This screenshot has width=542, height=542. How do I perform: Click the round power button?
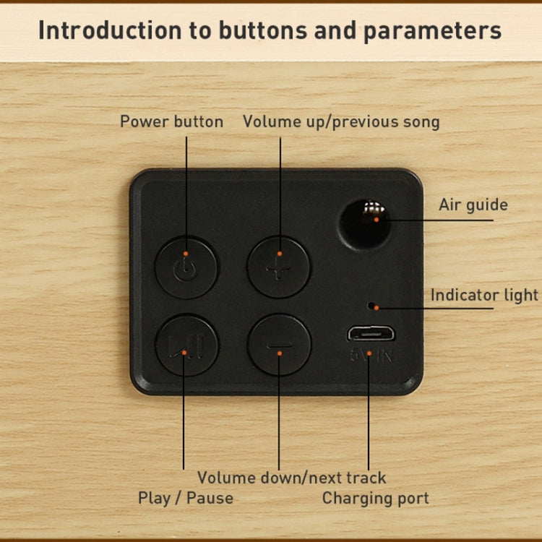[186, 268]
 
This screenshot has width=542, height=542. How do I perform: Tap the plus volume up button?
[279, 267]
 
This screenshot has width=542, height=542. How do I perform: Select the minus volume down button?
[279, 345]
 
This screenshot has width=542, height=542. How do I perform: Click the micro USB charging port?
[371, 334]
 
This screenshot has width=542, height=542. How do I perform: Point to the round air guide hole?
[365, 224]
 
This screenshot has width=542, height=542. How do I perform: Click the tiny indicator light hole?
[371, 306]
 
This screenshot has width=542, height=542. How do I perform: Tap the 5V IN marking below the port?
[371, 355]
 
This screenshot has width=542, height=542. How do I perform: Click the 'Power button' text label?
[171, 121]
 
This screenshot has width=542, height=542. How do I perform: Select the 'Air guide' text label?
[473, 205]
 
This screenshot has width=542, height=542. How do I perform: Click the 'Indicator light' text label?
[484, 295]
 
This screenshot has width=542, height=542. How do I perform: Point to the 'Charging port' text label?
[375, 499]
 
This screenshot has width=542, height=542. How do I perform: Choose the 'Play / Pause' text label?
[186, 498]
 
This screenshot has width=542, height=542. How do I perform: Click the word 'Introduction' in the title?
[110, 30]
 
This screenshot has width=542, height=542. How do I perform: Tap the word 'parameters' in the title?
[432, 31]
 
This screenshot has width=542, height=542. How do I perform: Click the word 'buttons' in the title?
[263, 30]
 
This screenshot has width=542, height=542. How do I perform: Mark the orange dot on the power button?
[186, 254]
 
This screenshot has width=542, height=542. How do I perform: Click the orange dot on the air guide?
[377, 220]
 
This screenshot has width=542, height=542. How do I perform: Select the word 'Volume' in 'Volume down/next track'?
[227, 478]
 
